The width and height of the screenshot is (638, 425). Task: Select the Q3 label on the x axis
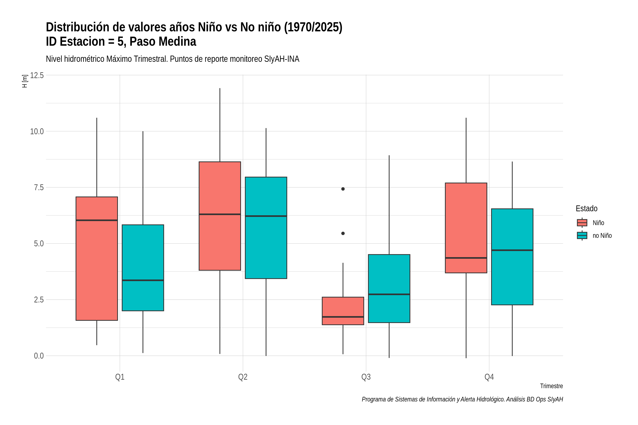366,377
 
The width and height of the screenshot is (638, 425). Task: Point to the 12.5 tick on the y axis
37,75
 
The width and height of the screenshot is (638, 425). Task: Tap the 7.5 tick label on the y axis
39,188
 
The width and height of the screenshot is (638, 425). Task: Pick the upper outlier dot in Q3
343,189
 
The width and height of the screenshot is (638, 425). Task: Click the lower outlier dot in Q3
343,233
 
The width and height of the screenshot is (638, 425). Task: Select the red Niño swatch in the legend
582,223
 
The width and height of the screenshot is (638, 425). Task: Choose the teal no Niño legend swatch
582,236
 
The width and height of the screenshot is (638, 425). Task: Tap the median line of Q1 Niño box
97,220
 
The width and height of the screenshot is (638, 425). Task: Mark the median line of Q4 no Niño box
512,250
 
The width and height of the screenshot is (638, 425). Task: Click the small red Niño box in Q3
343,311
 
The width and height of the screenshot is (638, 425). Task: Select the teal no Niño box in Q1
143,268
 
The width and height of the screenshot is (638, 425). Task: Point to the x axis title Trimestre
552,386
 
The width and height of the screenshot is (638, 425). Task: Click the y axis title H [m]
25,81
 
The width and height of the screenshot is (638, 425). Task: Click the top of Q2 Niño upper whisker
220,88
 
